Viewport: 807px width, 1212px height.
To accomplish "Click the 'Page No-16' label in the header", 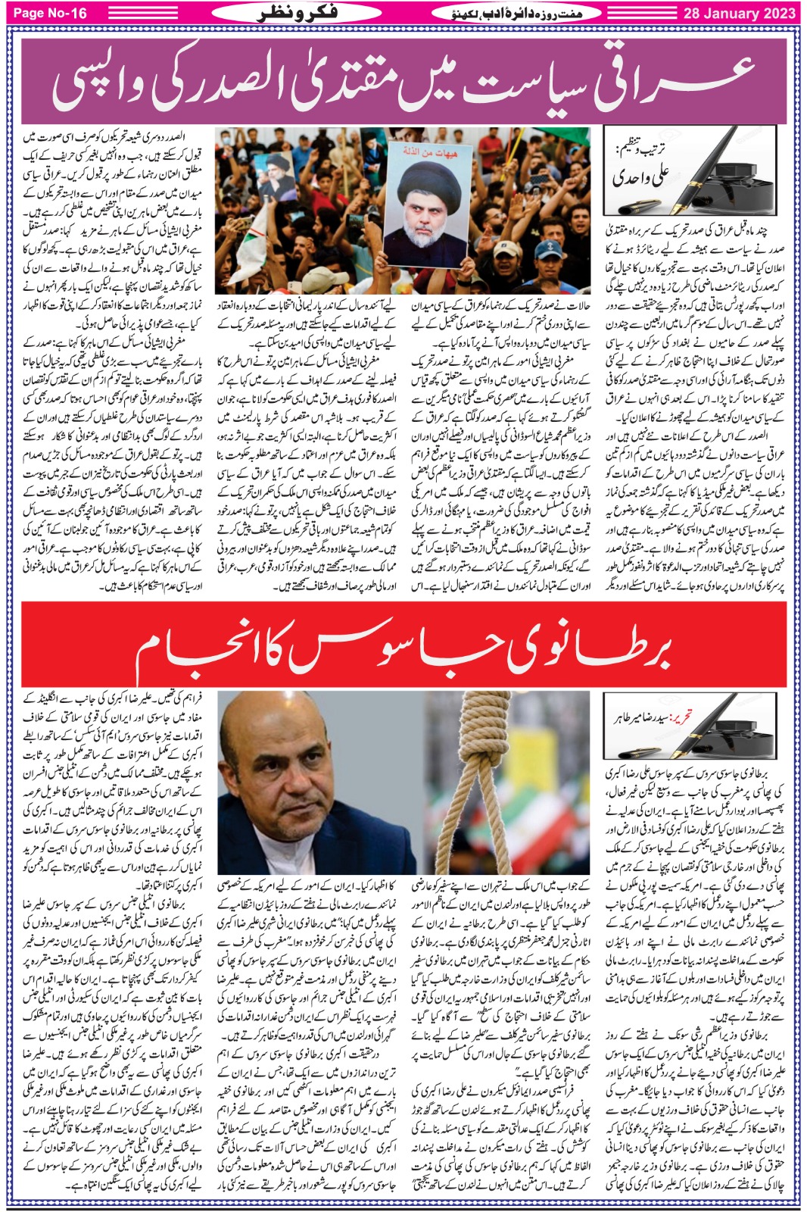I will tap(50, 13).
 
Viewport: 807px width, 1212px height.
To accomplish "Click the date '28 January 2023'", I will tap(739, 13).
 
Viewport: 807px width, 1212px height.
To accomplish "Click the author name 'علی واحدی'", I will tap(641, 176).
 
